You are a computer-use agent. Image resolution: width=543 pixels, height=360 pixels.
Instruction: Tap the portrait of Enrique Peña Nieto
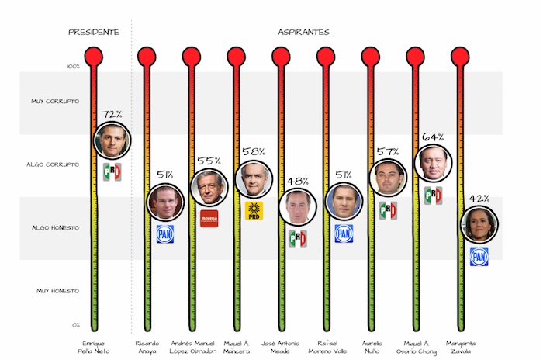coord(112,141)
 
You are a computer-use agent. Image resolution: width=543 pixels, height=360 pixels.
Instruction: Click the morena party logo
coord(209,218)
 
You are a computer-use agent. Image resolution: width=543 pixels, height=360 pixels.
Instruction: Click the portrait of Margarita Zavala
coord(479,225)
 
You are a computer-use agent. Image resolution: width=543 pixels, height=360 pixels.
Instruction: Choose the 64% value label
coord(434,137)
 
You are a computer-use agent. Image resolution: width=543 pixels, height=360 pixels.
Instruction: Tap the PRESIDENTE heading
coord(94,32)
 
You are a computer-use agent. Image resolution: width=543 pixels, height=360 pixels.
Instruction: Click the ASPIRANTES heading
coord(303,32)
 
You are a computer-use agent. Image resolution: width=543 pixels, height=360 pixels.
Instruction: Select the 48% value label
coord(298,182)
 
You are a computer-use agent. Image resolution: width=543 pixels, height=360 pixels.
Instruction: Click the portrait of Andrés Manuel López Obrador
coord(209,188)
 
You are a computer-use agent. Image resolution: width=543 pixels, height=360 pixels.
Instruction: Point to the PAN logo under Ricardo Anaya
coord(164,234)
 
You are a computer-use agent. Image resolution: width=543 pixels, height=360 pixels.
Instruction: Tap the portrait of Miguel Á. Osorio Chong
coord(434,163)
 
